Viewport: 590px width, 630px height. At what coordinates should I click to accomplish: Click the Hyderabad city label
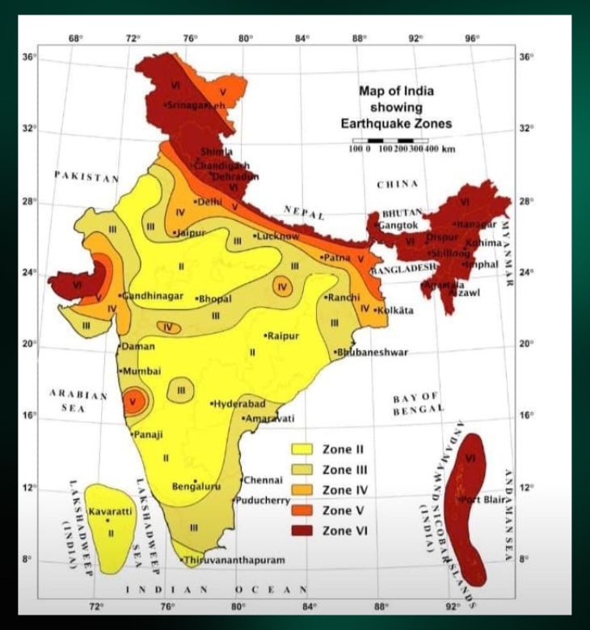point(240,404)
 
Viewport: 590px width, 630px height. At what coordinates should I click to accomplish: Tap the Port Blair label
point(484,499)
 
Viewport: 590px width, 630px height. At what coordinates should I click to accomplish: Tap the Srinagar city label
point(188,104)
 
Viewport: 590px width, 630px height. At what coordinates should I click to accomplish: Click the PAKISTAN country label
point(86,177)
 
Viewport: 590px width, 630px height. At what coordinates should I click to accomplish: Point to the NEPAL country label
point(304,214)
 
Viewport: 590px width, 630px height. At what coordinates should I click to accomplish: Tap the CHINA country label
point(398,185)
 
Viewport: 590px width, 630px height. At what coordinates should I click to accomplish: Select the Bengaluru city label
point(196,487)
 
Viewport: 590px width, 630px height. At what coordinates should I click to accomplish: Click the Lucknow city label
point(278,236)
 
